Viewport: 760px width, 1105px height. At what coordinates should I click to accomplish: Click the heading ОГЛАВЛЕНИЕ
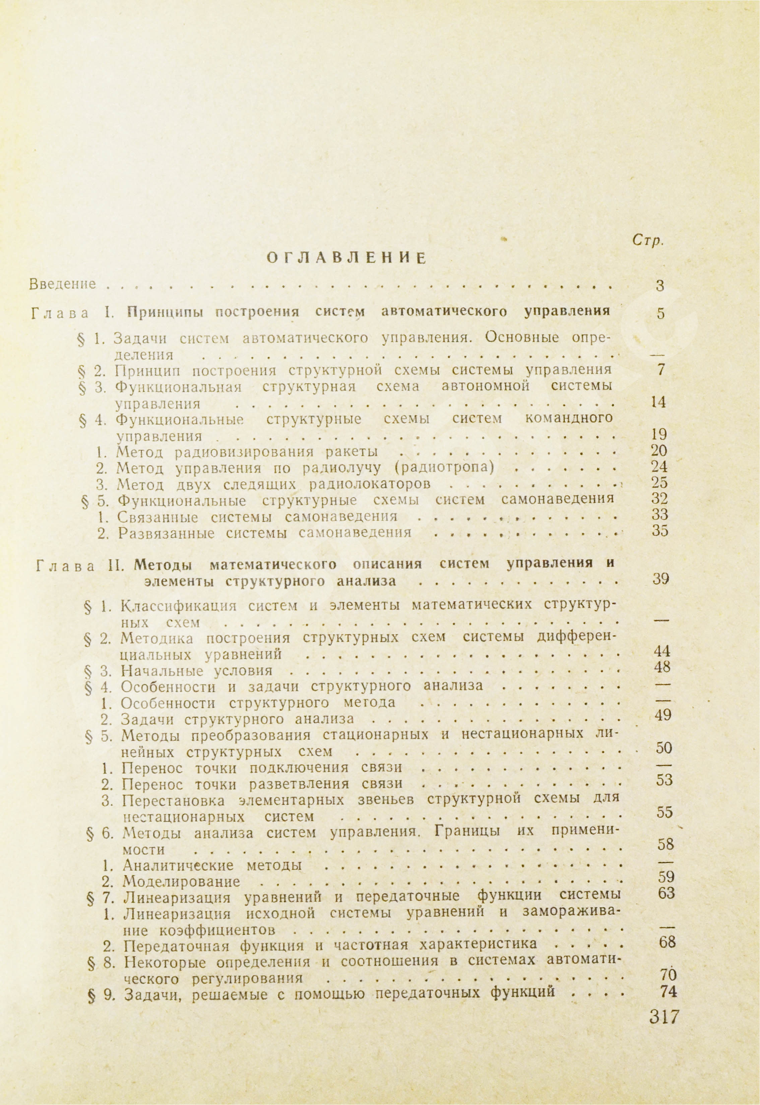346,258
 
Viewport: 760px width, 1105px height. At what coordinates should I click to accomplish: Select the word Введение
62,284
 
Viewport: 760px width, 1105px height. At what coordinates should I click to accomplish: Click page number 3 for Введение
659,286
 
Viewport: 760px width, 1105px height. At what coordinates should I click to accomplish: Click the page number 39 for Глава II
661,579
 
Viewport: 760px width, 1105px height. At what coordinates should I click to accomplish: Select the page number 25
659,483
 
